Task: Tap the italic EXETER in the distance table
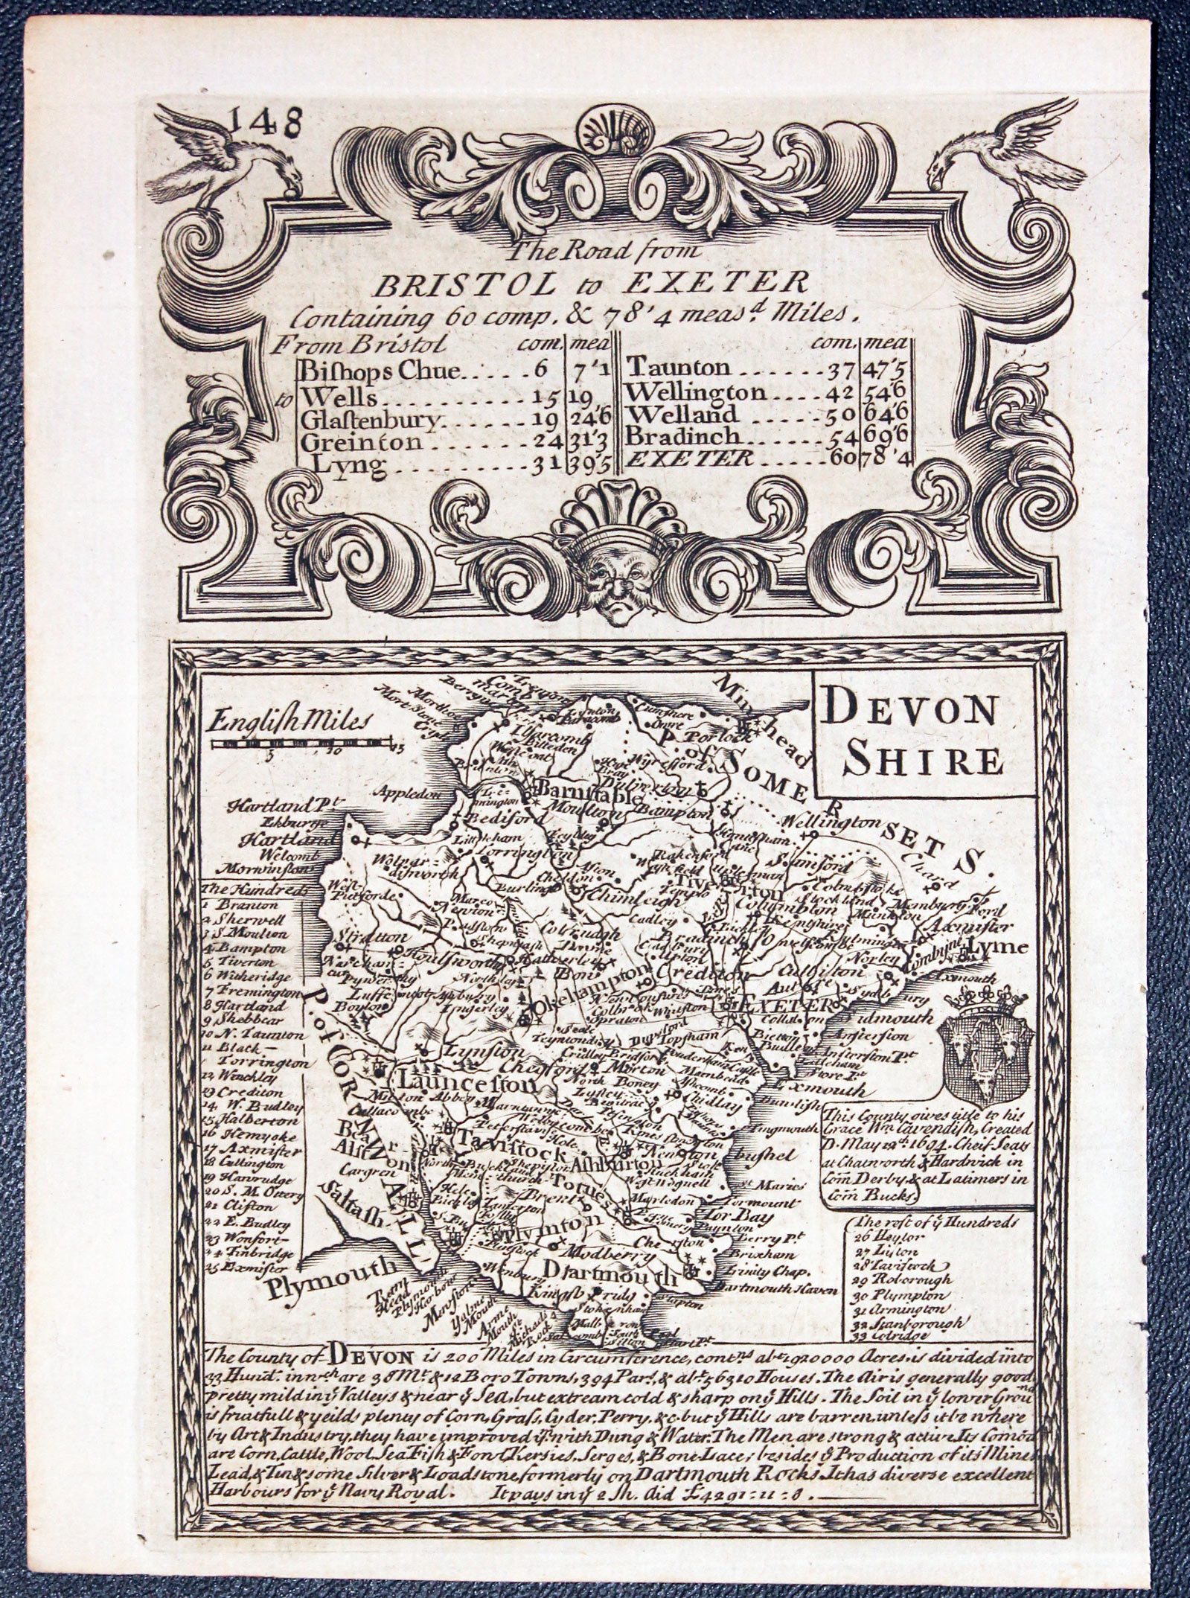click(688, 458)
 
